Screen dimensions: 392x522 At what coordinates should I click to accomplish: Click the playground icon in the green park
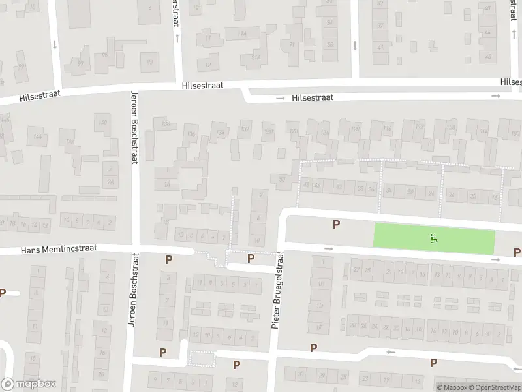click(x=434, y=238)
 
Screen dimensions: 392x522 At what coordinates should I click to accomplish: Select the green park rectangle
click(x=434, y=238)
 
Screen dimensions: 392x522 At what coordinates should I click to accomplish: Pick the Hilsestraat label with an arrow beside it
click(x=313, y=97)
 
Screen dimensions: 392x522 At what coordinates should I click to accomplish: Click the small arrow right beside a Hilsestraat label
click(x=280, y=98)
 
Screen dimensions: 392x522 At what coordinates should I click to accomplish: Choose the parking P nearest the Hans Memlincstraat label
click(x=169, y=259)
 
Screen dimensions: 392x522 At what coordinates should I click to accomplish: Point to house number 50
click(x=282, y=179)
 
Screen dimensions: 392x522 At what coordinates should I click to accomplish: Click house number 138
click(x=166, y=124)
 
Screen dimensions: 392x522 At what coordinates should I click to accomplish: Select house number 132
click(x=245, y=129)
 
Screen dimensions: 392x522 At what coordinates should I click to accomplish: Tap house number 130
click(x=268, y=131)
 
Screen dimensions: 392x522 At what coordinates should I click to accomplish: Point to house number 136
click(x=191, y=135)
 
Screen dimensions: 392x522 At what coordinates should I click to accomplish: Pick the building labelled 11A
click(x=243, y=34)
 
